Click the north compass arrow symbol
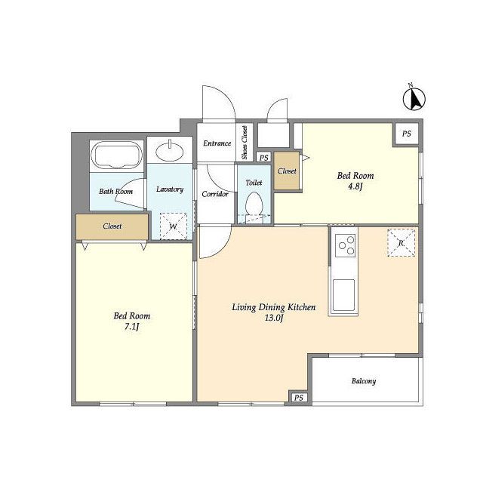point(414,98)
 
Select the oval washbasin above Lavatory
point(170,151)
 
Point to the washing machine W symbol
point(174,226)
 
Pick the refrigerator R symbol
point(401,243)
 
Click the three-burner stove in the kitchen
point(345,245)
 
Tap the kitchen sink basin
point(344,295)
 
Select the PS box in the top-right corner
point(407,134)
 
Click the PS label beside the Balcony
point(299,398)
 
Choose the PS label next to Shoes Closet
point(263,158)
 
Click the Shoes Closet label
point(245,143)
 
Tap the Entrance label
point(217,143)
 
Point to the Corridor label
point(215,194)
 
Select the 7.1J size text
point(132,327)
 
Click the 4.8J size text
point(355,186)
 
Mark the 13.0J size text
point(273,318)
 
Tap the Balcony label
point(364,381)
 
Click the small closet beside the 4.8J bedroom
point(287,171)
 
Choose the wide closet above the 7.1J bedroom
point(112,226)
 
